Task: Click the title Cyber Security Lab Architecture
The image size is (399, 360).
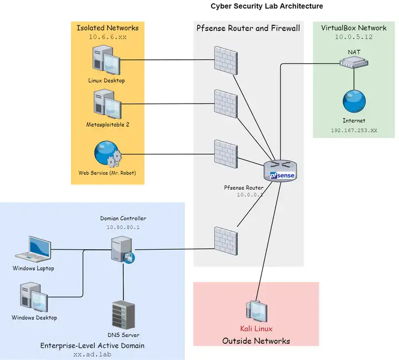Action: (x=267, y=6)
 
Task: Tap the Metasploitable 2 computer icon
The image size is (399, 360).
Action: (x=106, y=104)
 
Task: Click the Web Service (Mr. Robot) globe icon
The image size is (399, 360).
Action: (x=107, y=155)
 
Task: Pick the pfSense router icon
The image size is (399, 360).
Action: (x=280, y=171)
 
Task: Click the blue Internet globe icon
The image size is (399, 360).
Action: (x=354, y=101)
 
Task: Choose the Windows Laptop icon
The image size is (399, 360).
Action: (x=33, y=250)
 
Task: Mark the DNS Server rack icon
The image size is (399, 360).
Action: (x=122, y=314)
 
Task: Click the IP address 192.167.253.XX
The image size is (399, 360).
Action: (x=354, y=131)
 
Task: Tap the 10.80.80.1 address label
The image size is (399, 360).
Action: (x=123, y=227)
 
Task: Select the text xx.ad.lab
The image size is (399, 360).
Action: (x=92, y=354)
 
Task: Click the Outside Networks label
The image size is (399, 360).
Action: (x=256, y=341)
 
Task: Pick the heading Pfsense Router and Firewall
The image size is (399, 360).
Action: (x=248, y=28)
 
